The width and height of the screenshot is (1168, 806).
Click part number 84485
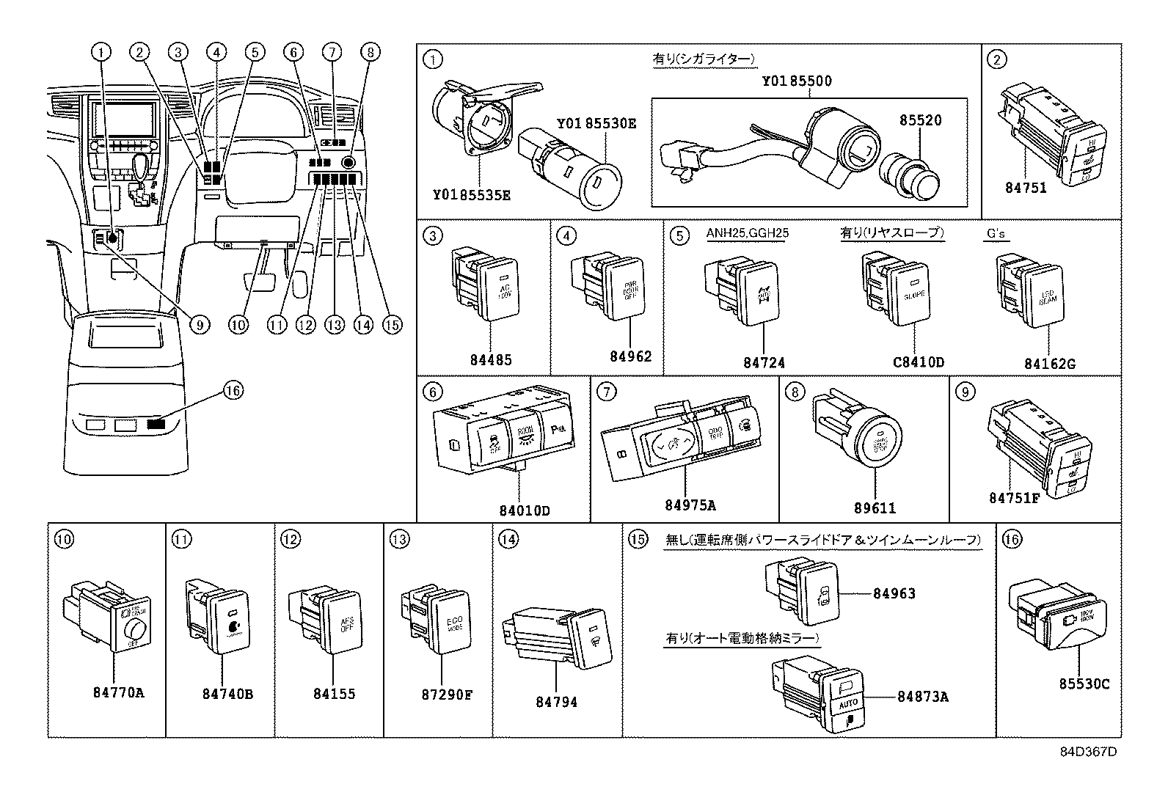pyautogui.click(x=491, y=360)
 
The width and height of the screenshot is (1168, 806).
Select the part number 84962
pyautogui.click(x=630, y=356)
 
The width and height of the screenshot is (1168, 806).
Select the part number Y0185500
pyautogui.click(x=796, y=81)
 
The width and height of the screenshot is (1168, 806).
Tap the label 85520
pyautogui.click(x=921, y=120)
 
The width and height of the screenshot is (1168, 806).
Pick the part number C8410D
pyautogui.click(x=918, y=362)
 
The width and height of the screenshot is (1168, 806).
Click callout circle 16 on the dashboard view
pyautogui.click(x=232, y=391)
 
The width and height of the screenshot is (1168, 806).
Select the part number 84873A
pyautogui.click(x=922, y=697)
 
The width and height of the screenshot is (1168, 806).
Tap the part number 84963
pyautogui.click(x=894, y=593)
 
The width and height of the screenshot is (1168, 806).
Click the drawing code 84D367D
pyautogui.click(x=1088, y=752)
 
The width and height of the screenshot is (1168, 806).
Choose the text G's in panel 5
pyautogui.click(x=996, y=234)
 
